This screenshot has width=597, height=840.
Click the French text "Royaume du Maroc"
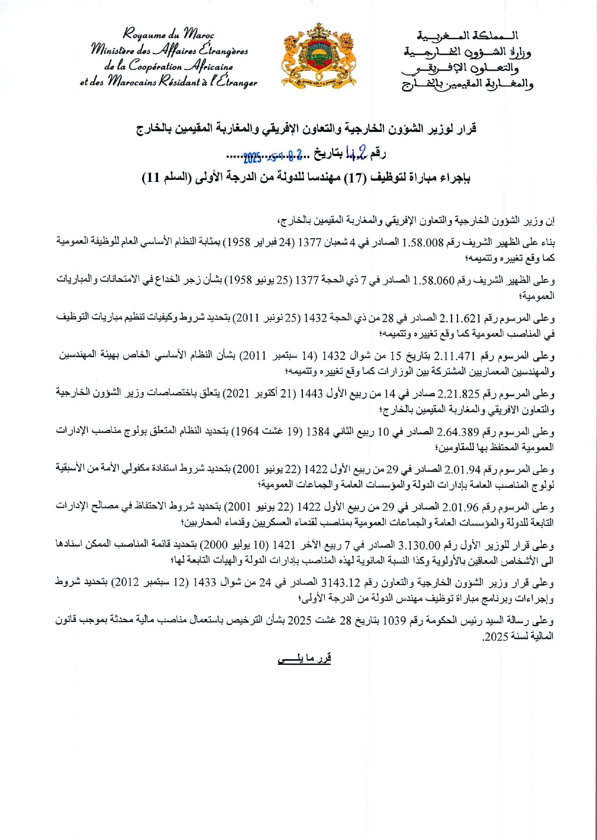pos(168,35)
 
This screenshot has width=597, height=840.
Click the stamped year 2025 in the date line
pos(252,157)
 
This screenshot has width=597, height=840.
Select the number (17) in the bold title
pos(355,178)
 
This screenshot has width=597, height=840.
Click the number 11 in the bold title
pos(154,178)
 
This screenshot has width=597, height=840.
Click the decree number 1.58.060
pos(434,280)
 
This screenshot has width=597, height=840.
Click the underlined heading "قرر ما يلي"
pos(304,658)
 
